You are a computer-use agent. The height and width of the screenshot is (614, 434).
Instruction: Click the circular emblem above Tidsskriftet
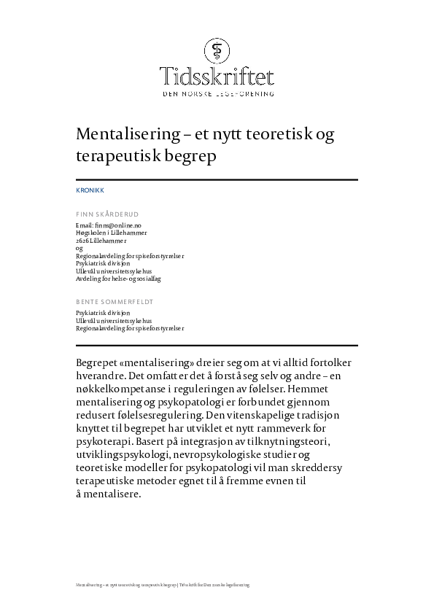tap(217, 50)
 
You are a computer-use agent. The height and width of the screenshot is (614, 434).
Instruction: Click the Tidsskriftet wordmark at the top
tap(217, 75)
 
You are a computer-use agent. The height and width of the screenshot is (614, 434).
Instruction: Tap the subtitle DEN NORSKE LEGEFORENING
tap(217, 94)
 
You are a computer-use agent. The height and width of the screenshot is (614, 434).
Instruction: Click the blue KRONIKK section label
tap(90, 190)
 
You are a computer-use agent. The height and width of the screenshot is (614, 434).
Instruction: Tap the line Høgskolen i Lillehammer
tap(111, 233)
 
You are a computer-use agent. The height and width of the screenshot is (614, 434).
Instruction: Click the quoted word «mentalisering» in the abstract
tap(150, 362)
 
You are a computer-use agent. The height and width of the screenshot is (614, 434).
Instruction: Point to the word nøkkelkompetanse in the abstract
tap(125, 390)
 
